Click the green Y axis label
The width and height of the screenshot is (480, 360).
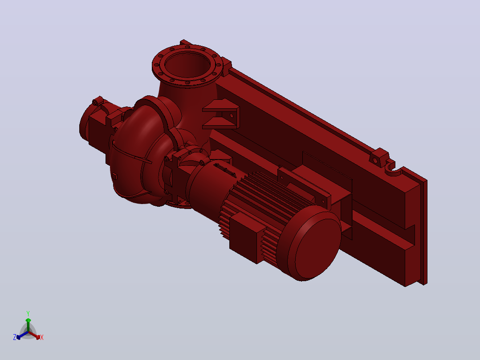pos(28,313)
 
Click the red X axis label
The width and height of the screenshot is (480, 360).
pos(42,337)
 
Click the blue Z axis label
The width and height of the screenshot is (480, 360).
pos(15,337)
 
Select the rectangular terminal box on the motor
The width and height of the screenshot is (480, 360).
pos(247,237)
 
